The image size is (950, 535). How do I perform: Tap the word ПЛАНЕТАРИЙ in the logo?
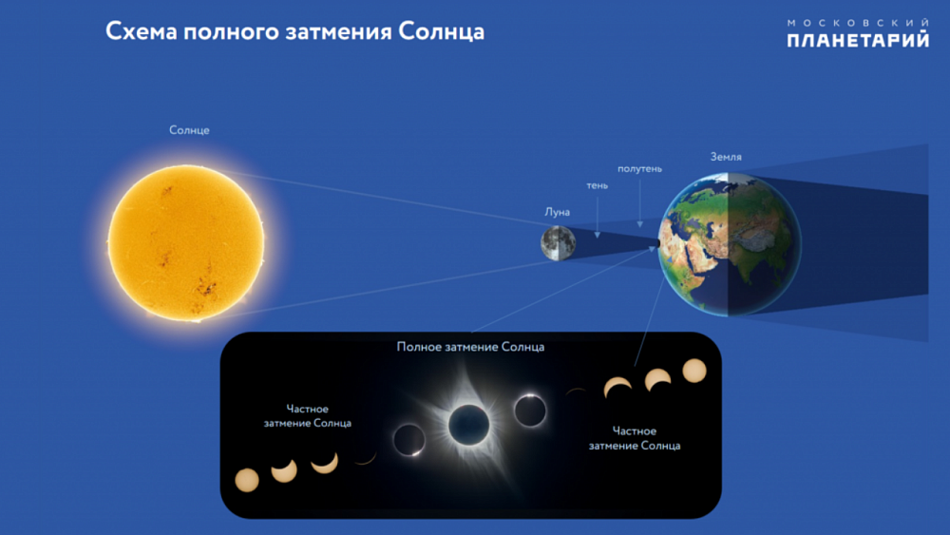(x=857, y=40)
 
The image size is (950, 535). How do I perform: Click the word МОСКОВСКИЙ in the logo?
(x=858, y=21)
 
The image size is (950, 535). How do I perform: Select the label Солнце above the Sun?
(x=189, y=130)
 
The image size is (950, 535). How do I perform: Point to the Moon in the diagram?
(x=558, y=242)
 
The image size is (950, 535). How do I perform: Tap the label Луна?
(x=558, y=212)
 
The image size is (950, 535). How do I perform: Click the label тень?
(x=597, y=185)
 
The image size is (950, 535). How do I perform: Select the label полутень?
(x=639, y=168)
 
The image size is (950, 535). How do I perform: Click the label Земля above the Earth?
(x=726, y=156)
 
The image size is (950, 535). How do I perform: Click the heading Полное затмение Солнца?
(x=470, y=347)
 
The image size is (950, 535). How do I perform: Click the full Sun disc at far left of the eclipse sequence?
(x=246, y=480)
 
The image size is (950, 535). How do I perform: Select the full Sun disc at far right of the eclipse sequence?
(x=694, y=370)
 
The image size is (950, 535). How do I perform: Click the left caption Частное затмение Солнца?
(x=307, y=416)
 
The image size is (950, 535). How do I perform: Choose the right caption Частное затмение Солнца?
(x=634, y=438)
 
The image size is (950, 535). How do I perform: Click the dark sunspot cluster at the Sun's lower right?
(x=204, y=285)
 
